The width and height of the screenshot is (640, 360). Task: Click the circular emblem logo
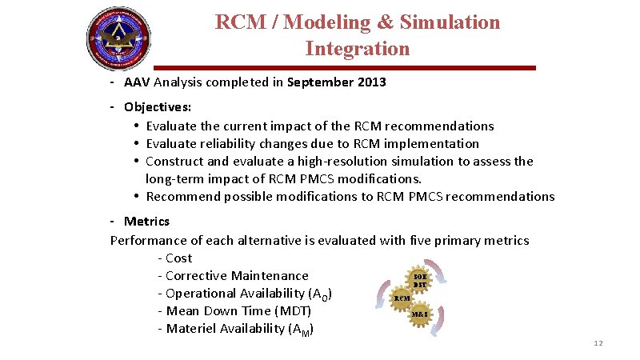118,38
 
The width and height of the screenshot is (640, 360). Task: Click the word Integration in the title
357,49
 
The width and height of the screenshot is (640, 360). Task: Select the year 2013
370,82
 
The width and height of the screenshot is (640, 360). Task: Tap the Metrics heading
146,222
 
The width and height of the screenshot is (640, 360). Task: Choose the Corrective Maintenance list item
237,275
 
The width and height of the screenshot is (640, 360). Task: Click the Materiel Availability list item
239,329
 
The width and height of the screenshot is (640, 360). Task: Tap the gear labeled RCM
402,298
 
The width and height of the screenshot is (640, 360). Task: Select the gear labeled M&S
421,314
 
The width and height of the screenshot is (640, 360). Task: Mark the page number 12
598,343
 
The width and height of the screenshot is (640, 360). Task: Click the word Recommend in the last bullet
183,197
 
